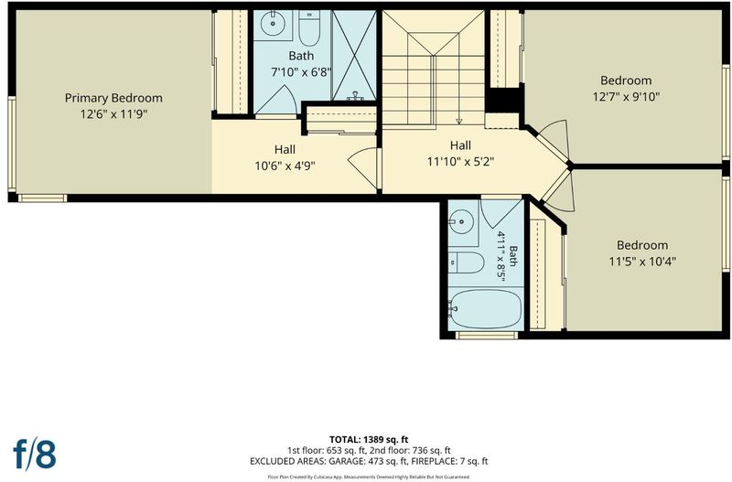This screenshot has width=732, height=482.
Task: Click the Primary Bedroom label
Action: [113, 99]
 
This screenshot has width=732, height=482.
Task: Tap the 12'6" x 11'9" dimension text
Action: [113, 114]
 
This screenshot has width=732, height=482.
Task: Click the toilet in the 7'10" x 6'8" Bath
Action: [309, 28]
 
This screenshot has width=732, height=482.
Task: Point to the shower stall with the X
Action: [354, 55]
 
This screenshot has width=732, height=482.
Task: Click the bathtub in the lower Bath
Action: [486, 309]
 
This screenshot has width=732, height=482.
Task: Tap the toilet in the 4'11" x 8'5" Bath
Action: [467, 262]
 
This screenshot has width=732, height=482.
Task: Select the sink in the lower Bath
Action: [461, 222]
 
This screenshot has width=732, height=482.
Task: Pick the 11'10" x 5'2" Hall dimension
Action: [460, 162]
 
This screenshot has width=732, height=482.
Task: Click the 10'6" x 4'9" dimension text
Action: [285, 166]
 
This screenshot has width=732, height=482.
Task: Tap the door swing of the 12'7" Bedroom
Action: [554, 137]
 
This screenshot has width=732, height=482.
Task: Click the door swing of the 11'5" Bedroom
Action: [559, 191]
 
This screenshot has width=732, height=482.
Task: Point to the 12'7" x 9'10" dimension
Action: [626, 97]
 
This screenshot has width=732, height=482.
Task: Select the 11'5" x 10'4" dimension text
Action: [642, 262]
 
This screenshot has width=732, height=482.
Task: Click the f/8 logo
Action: [35, 454]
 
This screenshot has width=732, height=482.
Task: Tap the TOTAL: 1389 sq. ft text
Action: [369, 440]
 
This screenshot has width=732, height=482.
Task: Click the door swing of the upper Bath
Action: [275, 100]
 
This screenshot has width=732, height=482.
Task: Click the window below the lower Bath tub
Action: [487, 336]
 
